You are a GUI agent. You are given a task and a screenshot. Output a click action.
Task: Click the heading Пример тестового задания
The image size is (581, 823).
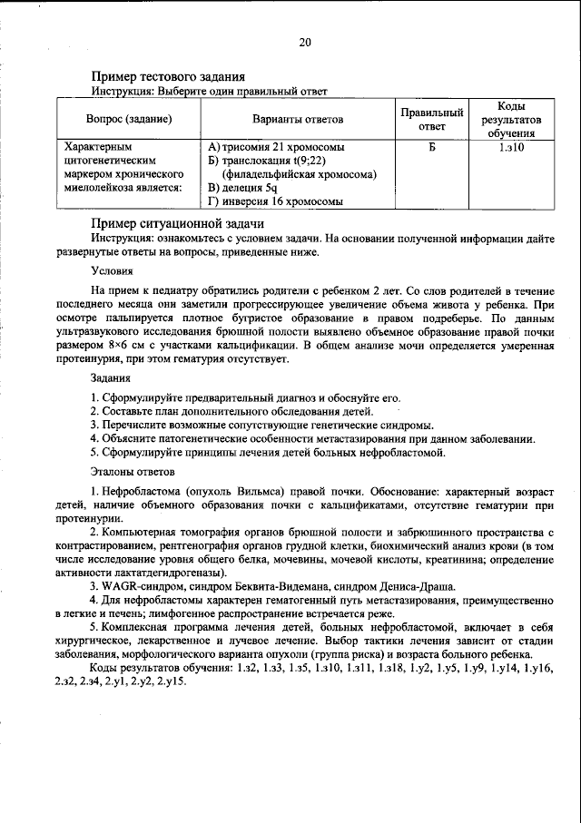(169, 77)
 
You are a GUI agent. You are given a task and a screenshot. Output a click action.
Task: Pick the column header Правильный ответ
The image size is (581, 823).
(432, 119)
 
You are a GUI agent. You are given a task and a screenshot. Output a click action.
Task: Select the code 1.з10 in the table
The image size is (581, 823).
(516, 146)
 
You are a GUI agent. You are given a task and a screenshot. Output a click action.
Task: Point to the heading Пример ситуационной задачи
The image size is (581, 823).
(177, 223)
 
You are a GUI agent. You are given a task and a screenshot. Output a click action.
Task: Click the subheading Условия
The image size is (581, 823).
(112, 270)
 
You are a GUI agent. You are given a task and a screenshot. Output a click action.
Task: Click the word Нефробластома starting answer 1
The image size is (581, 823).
(144, 491)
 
